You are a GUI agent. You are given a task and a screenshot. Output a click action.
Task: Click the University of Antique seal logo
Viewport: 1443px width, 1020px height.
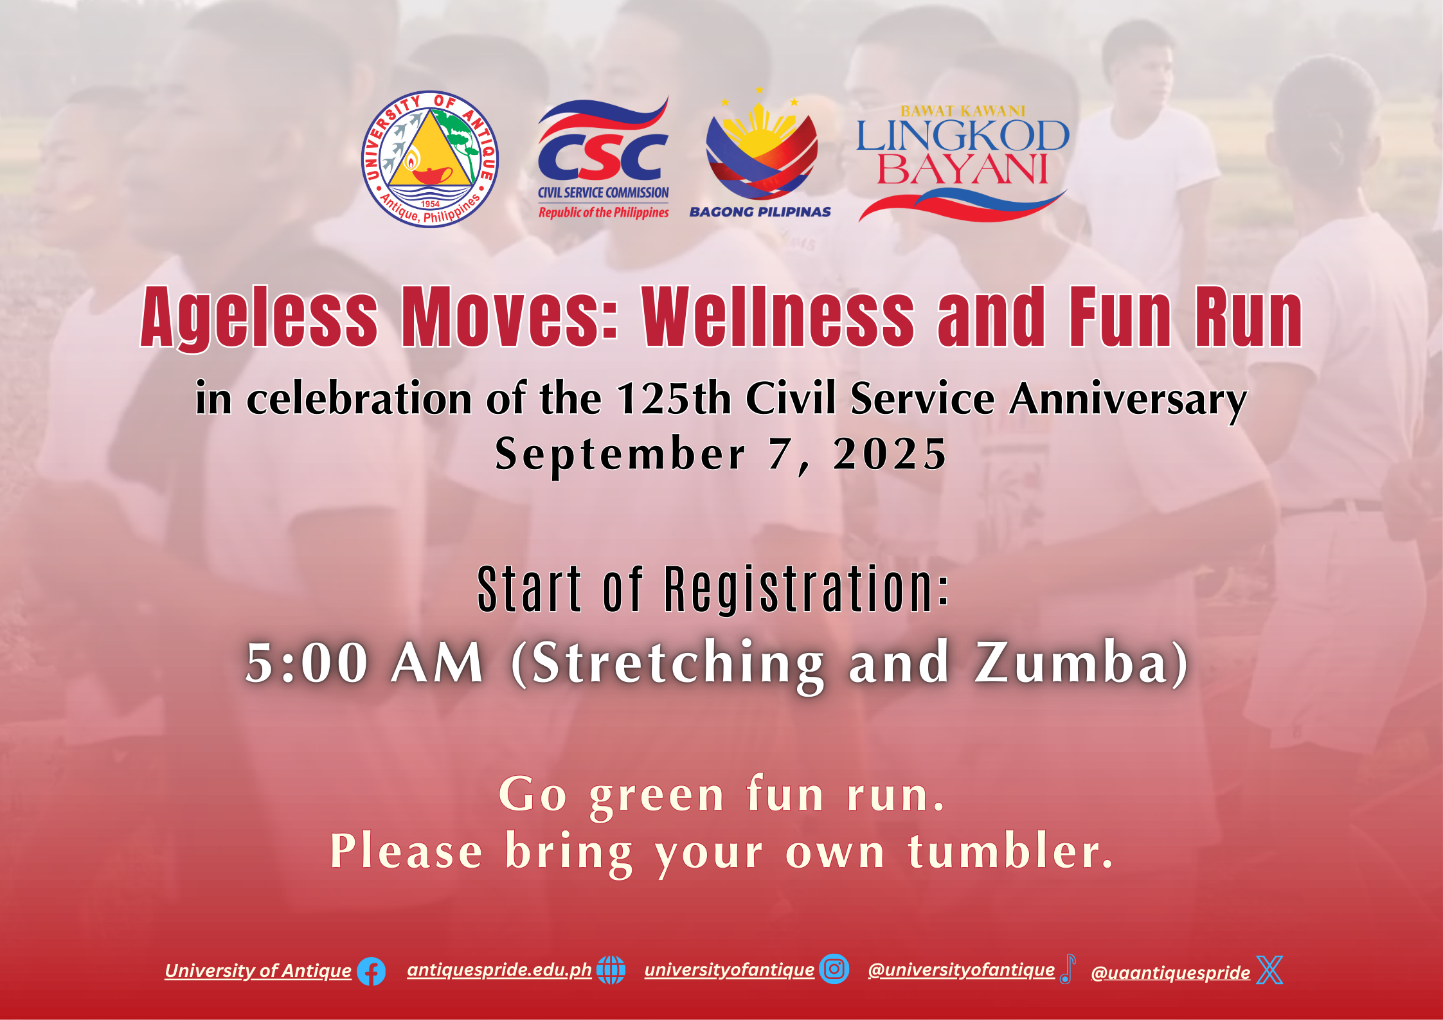point(430,159)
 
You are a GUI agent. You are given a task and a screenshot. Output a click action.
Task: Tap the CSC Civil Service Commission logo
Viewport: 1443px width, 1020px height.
point(603,158)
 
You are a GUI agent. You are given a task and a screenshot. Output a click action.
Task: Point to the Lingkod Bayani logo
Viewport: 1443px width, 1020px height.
point(963,163)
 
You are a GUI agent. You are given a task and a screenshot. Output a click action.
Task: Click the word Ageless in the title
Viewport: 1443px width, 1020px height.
point(259,318)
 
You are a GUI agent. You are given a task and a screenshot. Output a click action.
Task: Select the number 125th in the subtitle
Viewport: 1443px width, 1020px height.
point(674,398)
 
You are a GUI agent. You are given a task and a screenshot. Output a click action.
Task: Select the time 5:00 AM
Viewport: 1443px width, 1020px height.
point(364,663)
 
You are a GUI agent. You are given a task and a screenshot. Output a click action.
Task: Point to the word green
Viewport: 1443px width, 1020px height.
point(657,797)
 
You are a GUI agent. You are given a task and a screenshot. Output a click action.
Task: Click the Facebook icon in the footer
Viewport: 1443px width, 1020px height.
point(371,971)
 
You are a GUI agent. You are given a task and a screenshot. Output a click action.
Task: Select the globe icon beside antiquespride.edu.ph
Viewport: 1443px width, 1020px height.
point(611,970)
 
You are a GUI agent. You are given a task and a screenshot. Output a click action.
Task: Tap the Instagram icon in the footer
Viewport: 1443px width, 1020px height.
point(834,969)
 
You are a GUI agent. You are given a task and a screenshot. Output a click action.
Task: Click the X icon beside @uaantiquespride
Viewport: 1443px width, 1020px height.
point(1269,970)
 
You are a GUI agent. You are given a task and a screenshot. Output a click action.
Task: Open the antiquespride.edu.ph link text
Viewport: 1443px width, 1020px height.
point(499,970)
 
